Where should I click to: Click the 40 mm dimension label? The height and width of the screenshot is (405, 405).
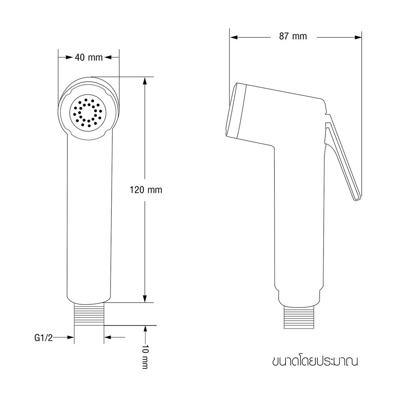(x=89, y=58)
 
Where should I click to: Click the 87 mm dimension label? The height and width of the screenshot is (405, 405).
(x=293, y=36)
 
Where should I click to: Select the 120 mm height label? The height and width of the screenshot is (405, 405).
(x=146, y=190)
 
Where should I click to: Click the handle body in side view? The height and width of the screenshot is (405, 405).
(x=300, y=223)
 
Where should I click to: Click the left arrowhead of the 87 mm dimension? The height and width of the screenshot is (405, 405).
(x=233, y=37)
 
